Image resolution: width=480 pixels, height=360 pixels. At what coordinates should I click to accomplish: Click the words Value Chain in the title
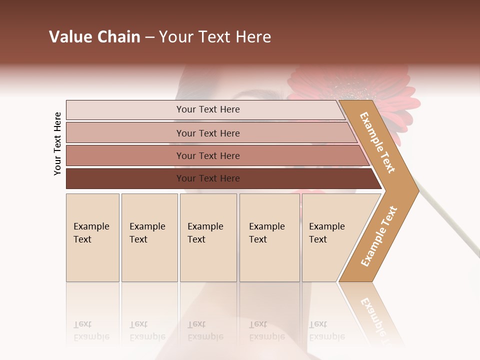[94, 37]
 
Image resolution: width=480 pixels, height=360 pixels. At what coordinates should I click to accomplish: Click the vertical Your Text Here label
[57, 143]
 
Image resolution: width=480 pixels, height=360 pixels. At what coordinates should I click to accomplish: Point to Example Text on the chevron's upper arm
[377, 142]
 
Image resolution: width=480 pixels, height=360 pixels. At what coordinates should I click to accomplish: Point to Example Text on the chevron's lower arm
[379, 236]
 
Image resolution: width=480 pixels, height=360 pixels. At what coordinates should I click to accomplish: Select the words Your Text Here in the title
[215, 37]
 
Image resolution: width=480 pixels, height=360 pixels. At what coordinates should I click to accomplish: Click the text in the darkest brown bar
[208, 178]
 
